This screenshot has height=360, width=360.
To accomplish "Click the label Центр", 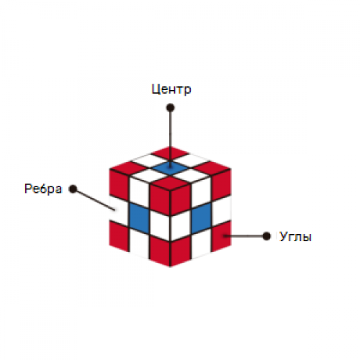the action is tap(171, 89).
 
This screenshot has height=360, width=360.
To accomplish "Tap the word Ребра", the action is tap(43, 189).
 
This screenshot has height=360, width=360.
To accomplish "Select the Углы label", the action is tap(295, 237).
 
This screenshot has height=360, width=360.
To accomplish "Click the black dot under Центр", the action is tap(170, 107).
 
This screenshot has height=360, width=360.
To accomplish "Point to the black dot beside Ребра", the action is tap(73, 189).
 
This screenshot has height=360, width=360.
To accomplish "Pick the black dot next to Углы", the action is tap(266, 236).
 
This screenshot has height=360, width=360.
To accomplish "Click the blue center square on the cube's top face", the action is tap(170, 168).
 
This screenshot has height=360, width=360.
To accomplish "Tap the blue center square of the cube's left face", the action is tap(139, 218).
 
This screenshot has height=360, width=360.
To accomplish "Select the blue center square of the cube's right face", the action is tap(201, 218).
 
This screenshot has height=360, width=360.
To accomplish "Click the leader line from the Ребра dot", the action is tap(94, 199).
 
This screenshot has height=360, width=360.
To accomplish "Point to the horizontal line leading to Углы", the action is tap(245, 236).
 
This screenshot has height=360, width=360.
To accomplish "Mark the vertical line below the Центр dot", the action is tap(170, 138).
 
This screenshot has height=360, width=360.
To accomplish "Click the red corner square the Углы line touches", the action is tap(221, 236).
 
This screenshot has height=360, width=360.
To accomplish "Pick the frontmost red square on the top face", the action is tap(170, 184).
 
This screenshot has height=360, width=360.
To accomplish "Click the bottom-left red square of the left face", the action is tap(119, 236).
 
